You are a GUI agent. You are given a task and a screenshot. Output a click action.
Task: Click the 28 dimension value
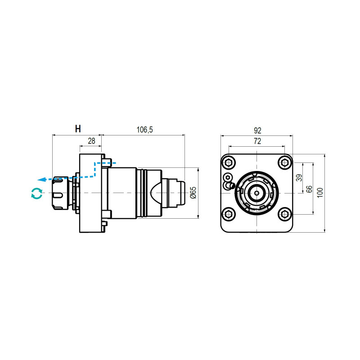pyautogui.click(x=91, y=141)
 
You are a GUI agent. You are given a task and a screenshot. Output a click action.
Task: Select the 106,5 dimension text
pyautogui.click(x=145, y=130)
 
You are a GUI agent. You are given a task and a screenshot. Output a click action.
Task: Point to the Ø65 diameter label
pyautogui.click(x=192, y=193)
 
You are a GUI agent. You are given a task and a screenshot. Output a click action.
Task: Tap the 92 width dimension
pyautogui.click(x=257, y=130)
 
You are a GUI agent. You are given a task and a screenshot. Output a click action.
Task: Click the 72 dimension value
pyautogui.click(x=257, y=141)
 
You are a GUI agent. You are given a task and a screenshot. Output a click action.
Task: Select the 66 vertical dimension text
pyautogui.click(x=309, y=189)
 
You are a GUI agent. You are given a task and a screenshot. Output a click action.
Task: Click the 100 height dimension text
pyautogui.click(x=320, y=193)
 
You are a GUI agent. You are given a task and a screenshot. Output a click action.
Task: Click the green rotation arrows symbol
pyautogui.click(x=36, y=193)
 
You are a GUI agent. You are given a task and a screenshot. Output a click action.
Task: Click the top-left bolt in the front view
pyautogui.click(x=229, y=163)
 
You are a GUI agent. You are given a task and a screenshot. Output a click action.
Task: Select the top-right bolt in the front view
pyautogui.click(x=284, y=163)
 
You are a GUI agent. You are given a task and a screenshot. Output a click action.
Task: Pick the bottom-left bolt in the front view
pyautogui.click(x=229, y=214)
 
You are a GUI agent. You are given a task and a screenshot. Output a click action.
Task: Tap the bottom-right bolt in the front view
pyautogui.click(x=284, y=214)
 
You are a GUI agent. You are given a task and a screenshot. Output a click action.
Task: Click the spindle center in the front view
pyautogui.click(x=257, y=193)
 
